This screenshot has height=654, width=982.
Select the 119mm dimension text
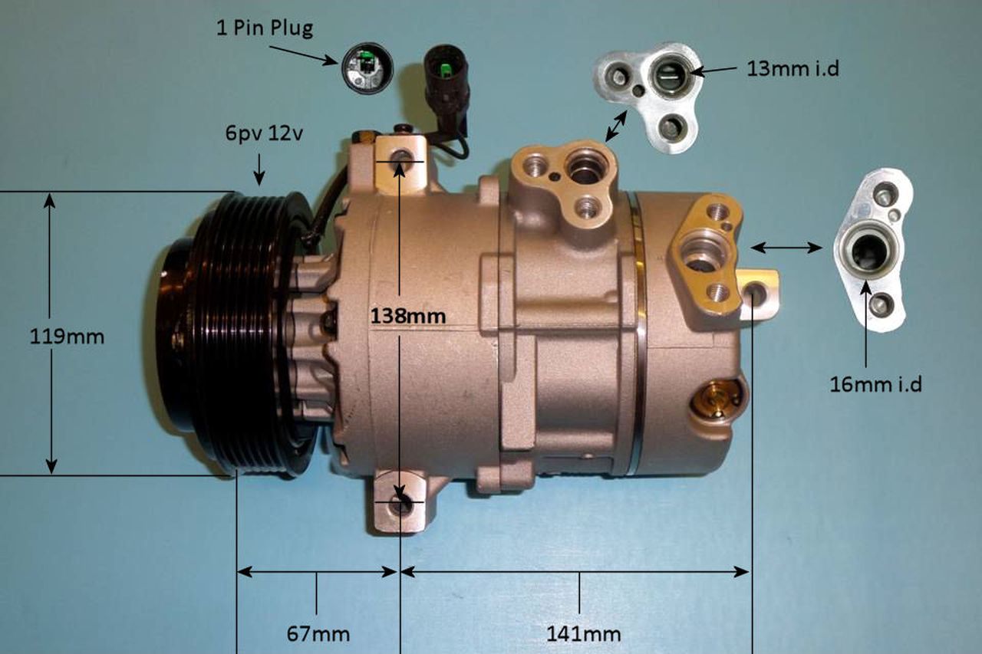point(68,336)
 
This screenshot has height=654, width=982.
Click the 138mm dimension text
point(407,314)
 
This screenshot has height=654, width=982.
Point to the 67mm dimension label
point(318,634)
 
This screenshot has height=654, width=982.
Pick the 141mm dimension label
point(583,634)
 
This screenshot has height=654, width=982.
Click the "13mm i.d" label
point(793,69)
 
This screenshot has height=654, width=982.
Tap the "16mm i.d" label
point(875,383)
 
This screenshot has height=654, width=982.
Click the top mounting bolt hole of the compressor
point(399,159)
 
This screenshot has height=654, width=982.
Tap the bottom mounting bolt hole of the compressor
point(400,505)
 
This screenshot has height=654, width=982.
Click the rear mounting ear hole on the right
point(755,293)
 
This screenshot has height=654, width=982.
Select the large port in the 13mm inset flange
point(665,75)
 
